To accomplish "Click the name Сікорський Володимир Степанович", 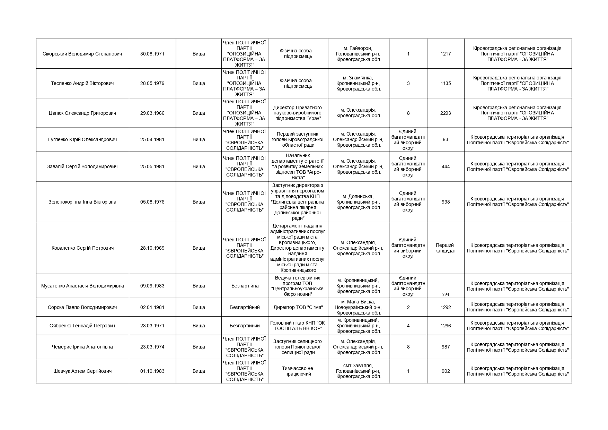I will click(82, 54).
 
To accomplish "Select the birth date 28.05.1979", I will click(152, 83).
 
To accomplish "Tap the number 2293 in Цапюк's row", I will click(446, 113).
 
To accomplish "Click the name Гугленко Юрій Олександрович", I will click(82, 139).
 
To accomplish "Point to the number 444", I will click(446, 166).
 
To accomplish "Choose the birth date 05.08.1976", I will click(152, 202).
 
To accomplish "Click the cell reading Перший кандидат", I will click(446, 248).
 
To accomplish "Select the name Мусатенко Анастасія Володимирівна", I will click(82, 286).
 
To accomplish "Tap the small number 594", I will click(446, 294).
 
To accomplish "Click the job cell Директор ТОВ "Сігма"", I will click(298, 307).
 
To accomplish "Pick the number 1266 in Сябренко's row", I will click(446, 326).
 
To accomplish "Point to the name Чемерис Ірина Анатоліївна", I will click(82, 347).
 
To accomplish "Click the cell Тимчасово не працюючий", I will click(298, 371).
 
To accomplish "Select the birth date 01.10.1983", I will click(152, 371).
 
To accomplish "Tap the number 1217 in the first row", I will click(446, 54).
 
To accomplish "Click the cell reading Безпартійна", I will click(245, 286).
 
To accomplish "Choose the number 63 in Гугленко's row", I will click(446, 139).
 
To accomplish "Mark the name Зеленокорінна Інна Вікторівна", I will click(82, 202).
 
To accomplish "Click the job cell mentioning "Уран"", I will click(298, 113).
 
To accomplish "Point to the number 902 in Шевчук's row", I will click(446, 371).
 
